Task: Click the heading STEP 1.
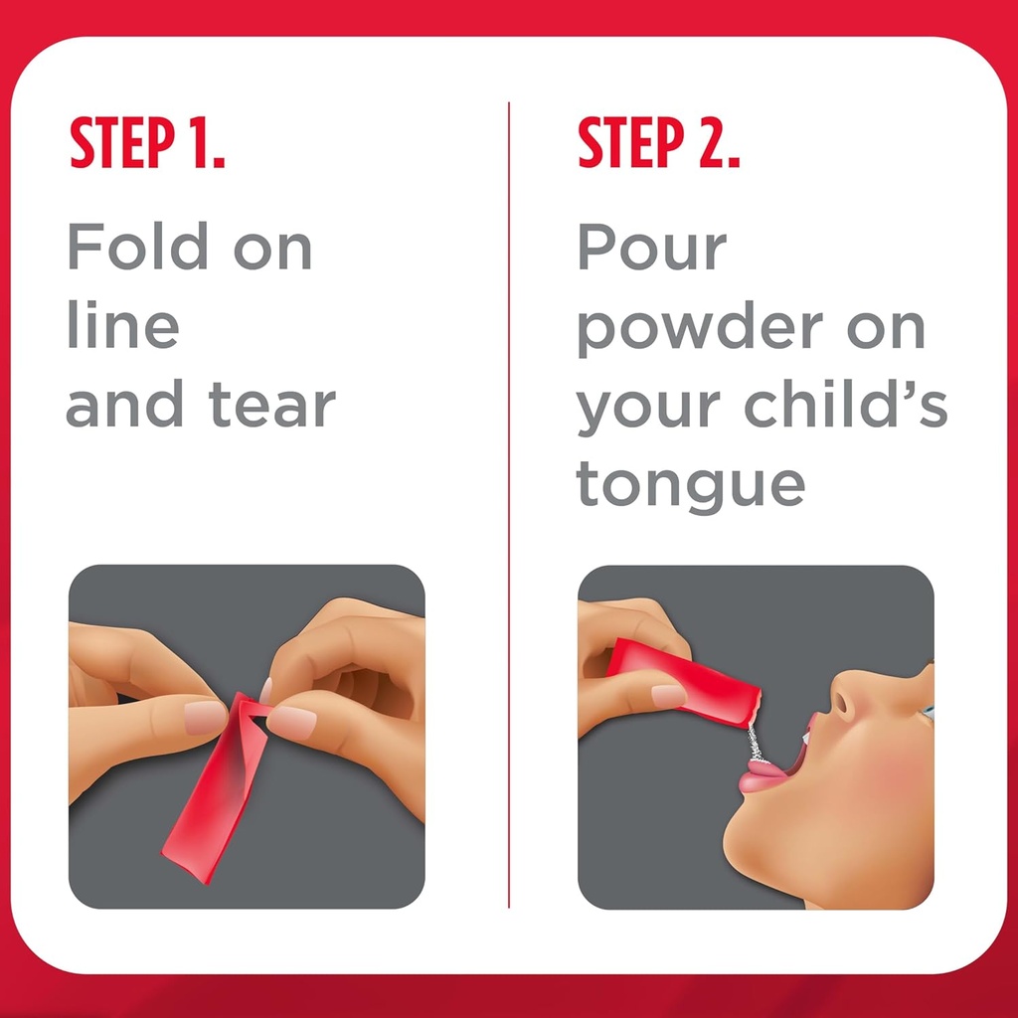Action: click(x=147, y=145)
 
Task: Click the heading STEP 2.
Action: click(x=658, y=145)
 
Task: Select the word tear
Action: click(x=271, y=405)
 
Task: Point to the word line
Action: click(x=122, y=326)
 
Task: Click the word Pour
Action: click(x=651, y=248)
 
